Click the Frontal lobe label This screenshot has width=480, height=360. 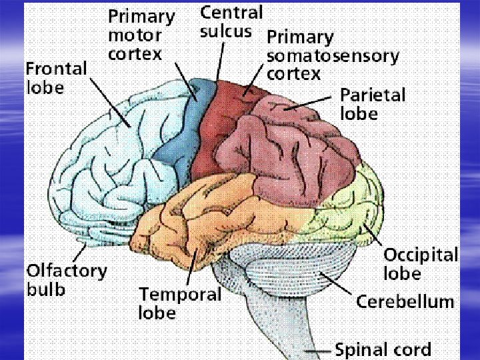click(56, 77)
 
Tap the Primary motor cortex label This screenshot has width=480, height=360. click(141, 35)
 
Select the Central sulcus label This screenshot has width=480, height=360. click(231, 21)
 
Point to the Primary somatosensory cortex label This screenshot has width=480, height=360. click(332, 55)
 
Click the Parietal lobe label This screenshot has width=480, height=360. click(372, 104)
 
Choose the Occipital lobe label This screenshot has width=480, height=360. click(420, 264)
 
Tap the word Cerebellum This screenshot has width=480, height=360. click(405, 301)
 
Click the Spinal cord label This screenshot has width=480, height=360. click(383, 349)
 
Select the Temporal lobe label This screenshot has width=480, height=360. click(179, 303)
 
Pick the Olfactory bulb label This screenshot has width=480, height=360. click(66, 280)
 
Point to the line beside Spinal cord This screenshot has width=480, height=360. click(317, 350)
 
